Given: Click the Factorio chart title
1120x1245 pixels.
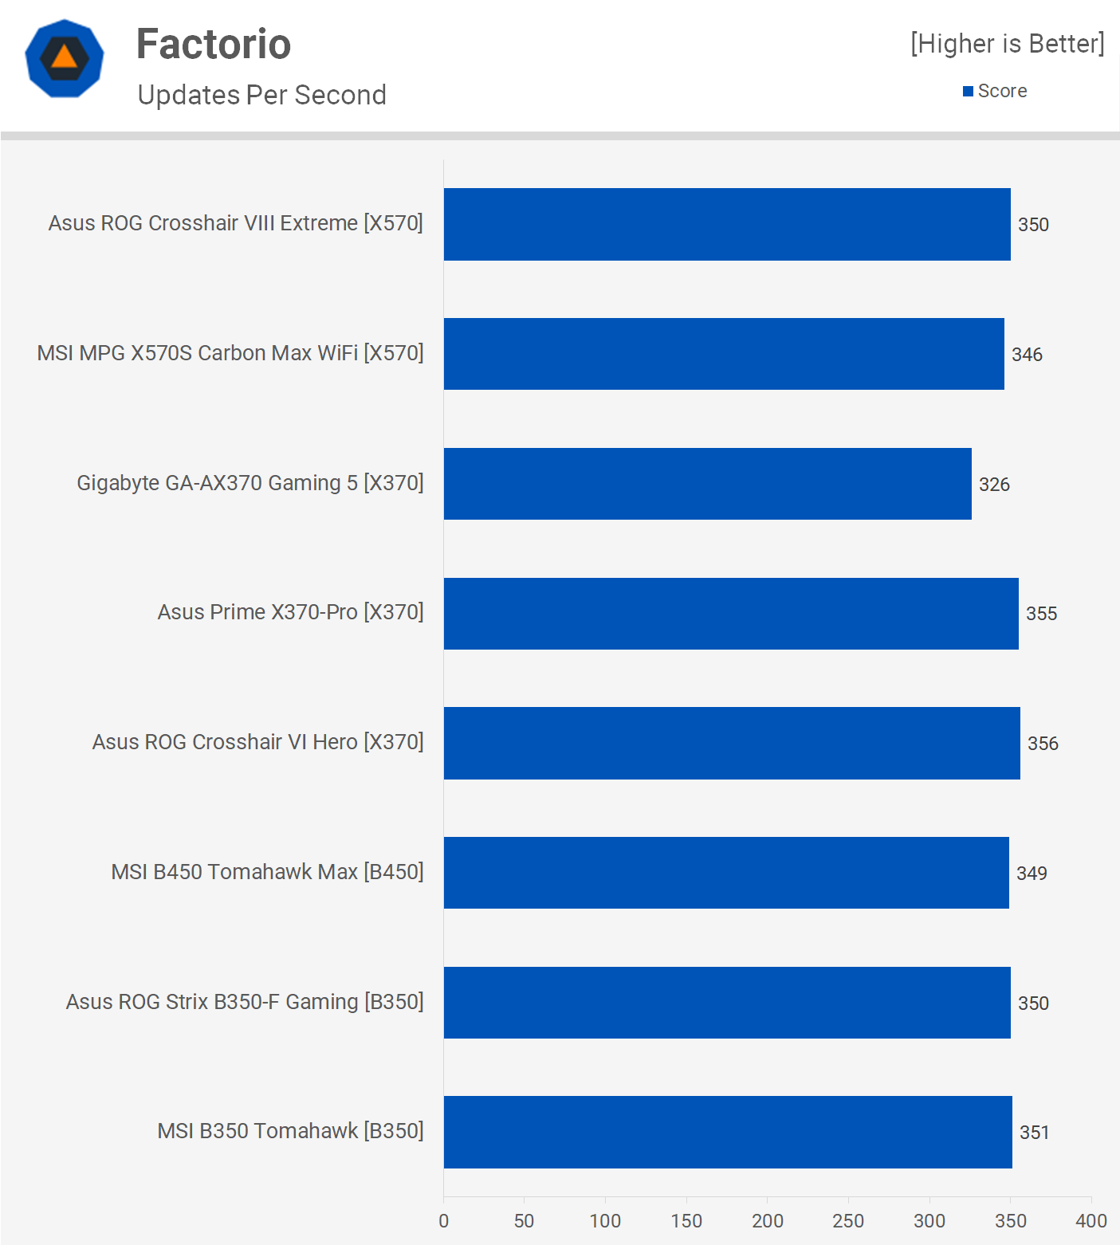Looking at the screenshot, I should pos(214,44).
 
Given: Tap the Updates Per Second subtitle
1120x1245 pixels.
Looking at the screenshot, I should pos(261,95).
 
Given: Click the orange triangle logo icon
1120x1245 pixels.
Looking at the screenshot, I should pos(65,58).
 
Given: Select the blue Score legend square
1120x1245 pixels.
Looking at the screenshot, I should pos(968,92).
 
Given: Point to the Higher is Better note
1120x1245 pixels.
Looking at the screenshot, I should pos(1008,44).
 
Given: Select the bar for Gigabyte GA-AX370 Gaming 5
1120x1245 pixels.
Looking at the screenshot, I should pos(707,484).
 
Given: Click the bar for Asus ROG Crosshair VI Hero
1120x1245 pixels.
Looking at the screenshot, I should pos(731,743).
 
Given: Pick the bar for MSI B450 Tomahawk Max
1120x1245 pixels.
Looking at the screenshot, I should pos(725,873).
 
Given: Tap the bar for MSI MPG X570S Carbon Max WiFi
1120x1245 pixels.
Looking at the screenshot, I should pos(723,354).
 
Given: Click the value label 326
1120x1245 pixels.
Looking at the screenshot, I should pos(994,485).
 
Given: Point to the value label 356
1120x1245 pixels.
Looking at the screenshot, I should pos(1043,744).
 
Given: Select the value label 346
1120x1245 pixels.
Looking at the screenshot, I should pos(1027,355).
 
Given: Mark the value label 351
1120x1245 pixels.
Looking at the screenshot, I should pos(1034,1133).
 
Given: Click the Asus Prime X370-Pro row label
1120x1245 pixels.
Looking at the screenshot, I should pos(290,612).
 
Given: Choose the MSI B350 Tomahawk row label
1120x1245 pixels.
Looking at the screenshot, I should pos(290,1131).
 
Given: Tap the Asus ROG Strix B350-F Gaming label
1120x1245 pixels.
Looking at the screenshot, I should pos(245,1002).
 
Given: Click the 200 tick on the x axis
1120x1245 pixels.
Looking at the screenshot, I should pos(767,1221).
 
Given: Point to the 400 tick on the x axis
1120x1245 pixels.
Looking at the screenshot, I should pos(1091,1221).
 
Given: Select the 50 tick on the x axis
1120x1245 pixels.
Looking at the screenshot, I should pos(524,1221).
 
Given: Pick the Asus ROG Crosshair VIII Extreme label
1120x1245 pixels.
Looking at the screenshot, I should pos(235,223).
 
